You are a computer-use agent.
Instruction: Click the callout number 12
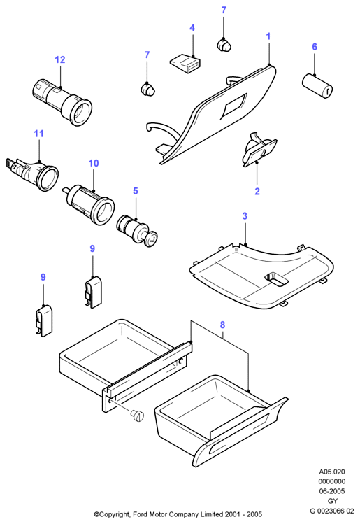(60, 60)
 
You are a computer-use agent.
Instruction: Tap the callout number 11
(38, 134)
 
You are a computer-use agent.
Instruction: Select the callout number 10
(94, 163)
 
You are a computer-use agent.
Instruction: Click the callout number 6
(315, 47)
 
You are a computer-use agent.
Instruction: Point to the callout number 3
(245, 216)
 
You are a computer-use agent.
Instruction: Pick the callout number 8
(222, 325)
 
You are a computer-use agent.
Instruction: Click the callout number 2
(257, 192)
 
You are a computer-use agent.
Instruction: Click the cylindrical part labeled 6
(317, 86)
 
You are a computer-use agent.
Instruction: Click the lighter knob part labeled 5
(137, 231)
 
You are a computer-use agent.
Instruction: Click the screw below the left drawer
(138, 416)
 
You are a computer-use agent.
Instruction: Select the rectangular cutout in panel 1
(233, 106)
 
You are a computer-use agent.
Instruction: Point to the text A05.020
(332, 472)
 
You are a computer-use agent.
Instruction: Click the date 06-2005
(332, 491)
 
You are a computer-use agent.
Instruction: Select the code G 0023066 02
(332, 511)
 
